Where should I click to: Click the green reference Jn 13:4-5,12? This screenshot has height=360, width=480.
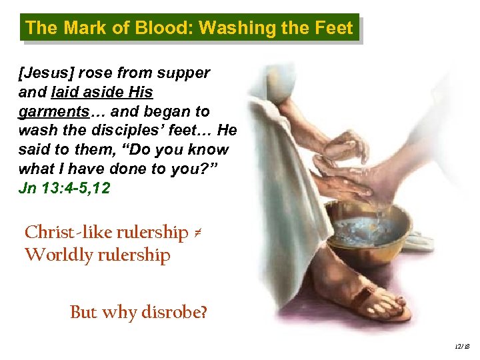(x=64, y=189)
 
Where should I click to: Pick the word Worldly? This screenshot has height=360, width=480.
(x=53, y=255)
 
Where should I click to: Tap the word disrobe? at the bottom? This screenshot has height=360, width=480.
(x=175, y=312)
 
